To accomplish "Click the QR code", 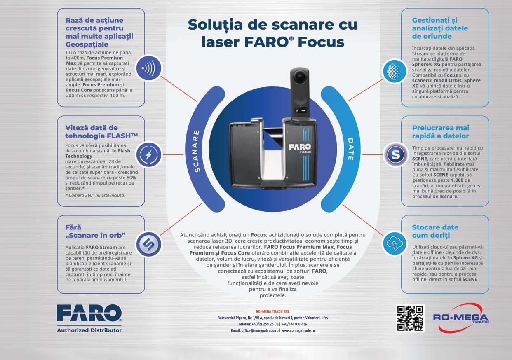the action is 410,318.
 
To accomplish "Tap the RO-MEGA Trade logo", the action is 461,318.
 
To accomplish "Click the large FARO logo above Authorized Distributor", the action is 89,313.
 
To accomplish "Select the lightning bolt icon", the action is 149,154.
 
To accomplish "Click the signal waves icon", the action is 149,68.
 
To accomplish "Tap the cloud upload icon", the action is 395,243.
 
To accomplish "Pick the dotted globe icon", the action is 395,71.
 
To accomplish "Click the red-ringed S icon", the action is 396,154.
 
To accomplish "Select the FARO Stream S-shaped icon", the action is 149,244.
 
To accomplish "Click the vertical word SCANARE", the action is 196,151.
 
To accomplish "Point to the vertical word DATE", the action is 351,149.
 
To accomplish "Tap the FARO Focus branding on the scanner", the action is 300,148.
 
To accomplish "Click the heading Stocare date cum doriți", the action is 435,231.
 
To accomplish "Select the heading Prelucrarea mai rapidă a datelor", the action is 440,132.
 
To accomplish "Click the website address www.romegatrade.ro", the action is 298,330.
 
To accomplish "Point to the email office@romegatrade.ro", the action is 260,330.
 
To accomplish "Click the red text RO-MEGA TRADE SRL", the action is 272,311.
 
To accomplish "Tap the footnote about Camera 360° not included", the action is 95,196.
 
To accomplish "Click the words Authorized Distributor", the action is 89,330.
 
